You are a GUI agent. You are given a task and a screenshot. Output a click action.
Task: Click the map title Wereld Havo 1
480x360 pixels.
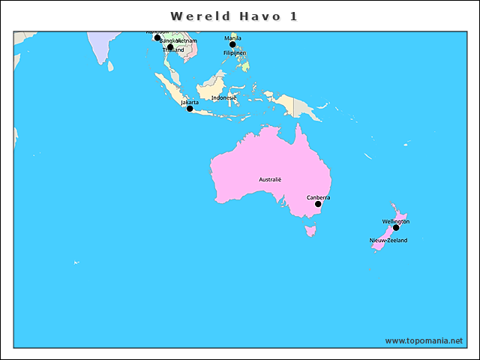pos(233,16)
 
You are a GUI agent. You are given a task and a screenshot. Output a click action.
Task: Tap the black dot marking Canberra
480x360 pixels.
pos(318,204)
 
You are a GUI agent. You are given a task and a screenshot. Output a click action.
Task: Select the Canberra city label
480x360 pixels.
pos(318,197)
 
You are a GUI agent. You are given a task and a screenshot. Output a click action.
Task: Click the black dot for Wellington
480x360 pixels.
pos(396,228)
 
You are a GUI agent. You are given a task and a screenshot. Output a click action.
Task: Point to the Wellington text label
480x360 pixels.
pos(395,221)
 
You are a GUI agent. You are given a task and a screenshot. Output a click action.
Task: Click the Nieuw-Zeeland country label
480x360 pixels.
pos(388,240)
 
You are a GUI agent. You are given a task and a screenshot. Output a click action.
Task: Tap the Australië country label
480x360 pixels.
pos(270,179)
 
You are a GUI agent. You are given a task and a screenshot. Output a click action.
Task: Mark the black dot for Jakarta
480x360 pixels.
pos(190,109)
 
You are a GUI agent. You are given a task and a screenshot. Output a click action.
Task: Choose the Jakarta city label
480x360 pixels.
pos(190,102)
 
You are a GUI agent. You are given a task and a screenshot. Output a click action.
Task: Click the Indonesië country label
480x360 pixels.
pos(223,97)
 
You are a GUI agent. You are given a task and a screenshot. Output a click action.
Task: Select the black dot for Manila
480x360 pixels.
pos(232,44)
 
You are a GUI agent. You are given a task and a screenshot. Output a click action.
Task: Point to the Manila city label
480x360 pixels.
pos(232,37)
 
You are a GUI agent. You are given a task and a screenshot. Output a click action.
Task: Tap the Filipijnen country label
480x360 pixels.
pos(235,53)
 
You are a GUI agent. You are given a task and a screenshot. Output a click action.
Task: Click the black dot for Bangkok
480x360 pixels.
pos(170,47)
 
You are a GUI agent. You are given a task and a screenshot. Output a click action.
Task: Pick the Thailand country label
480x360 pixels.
pos(173,50)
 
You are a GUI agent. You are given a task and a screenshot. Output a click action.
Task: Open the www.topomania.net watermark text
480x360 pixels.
pos(424,340)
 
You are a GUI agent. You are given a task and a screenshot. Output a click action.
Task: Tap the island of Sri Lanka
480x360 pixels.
pos(110,66)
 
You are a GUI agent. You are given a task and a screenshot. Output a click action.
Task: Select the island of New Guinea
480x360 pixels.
pos(296,104)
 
